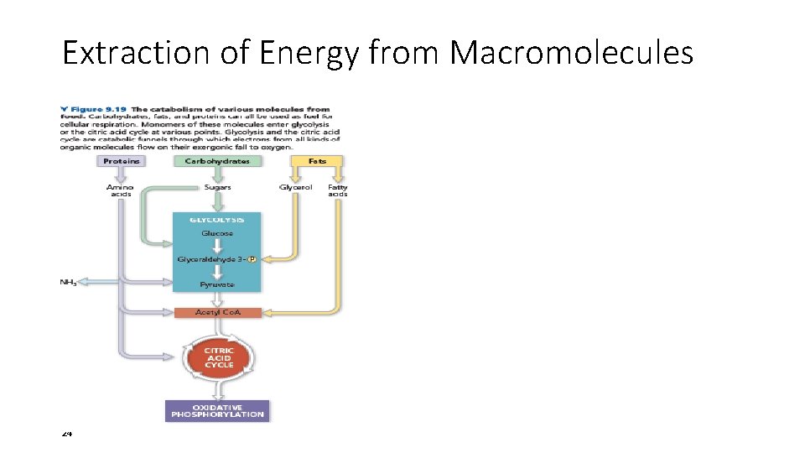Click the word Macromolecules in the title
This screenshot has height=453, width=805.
tap(572, 54)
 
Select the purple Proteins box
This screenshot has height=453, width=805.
tap(122, 160)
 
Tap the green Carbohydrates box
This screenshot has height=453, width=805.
tap(217, 160)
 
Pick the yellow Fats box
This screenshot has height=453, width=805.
tap(317, 160)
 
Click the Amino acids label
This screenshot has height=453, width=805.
tap(121, 190)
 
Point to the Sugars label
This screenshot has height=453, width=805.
tap(217, 187)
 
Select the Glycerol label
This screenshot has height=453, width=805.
tap(295, 187)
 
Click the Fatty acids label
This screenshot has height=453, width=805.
tap(338, 190)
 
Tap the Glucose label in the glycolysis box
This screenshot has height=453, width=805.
tap(217, 233)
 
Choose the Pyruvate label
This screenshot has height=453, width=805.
tap(217, 285)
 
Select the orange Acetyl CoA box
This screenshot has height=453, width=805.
tap(217, 312)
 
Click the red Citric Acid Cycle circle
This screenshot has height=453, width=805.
tap(219, 357)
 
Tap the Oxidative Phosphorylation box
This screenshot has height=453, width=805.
tap(217, 410)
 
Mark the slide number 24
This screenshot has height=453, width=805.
tap(67, 433)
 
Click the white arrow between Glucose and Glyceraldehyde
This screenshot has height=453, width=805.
tap(217, 246)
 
